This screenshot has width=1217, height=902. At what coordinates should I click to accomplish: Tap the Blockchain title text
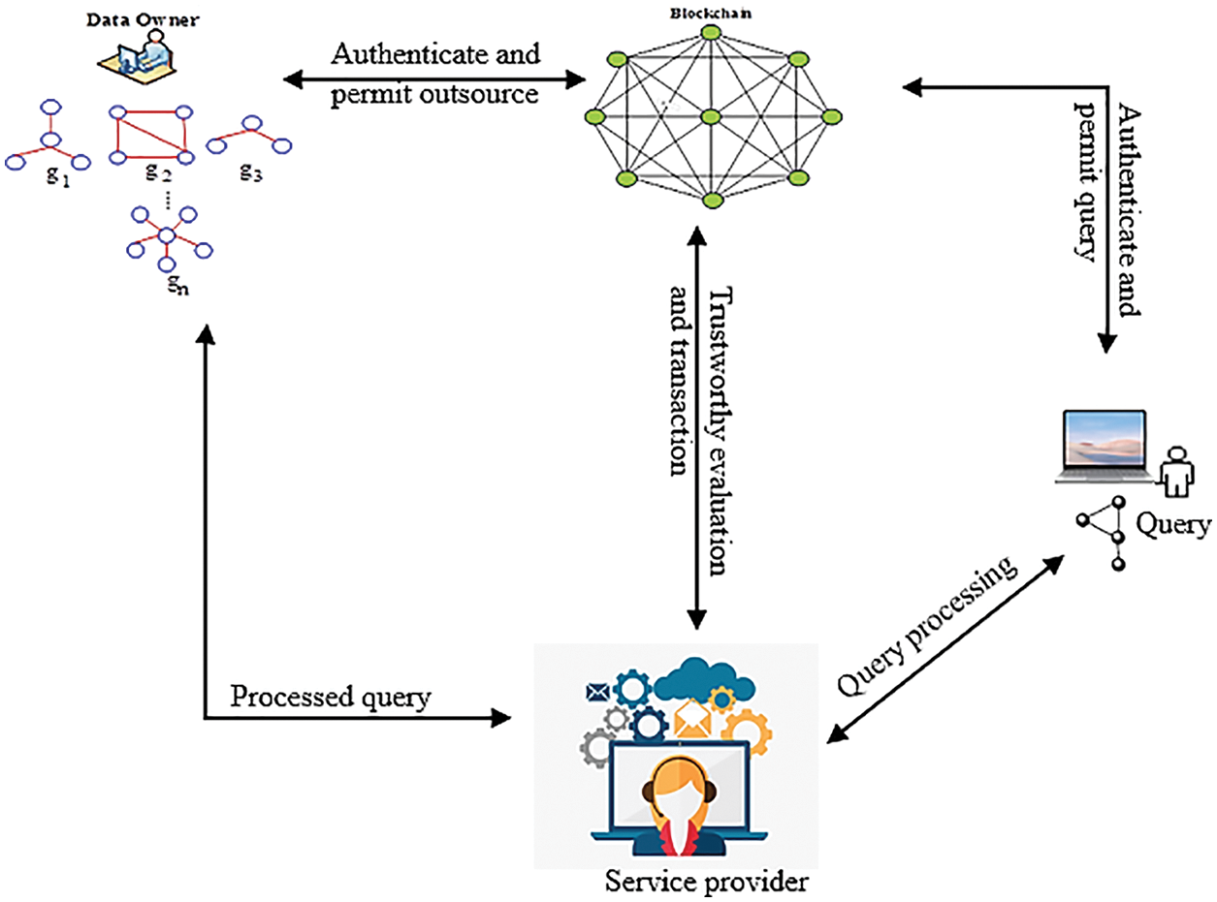(x=710, y=14)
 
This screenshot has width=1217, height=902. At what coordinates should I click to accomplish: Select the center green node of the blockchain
(x=710, y=116)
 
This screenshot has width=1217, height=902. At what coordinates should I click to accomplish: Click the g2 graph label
(x=160, y=173)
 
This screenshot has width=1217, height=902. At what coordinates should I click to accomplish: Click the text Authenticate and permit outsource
(x=435, y=74)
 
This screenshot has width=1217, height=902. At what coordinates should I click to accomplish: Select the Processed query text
(x=330, y=697)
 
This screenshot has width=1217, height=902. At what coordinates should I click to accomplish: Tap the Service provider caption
(x=705, y=882)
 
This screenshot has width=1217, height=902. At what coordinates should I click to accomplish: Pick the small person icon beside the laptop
(x=1176, y=470)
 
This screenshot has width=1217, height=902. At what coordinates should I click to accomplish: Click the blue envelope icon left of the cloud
(x=595, y=692)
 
